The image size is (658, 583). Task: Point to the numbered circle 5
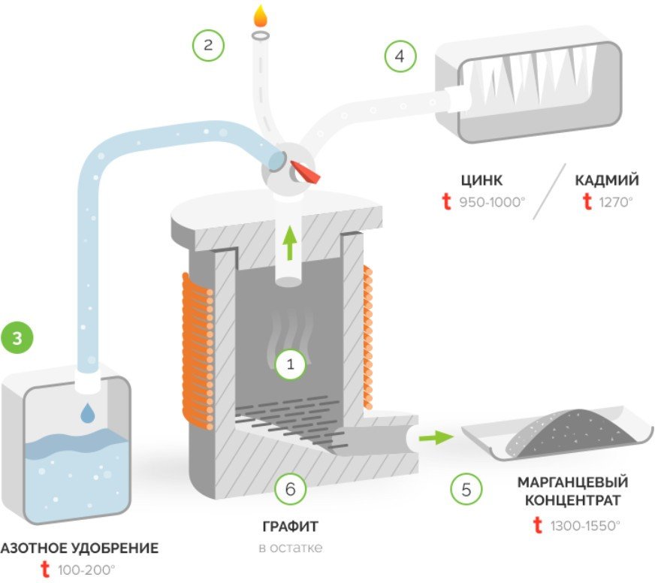pyautogui.click(x=466, y=490)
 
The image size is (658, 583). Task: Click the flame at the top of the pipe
pyautogui.click(x=260, y=17)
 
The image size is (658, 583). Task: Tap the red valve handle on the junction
pyautogui.click(x=307, y=171)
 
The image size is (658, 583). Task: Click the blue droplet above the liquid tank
pyautogui.click(x=89, y=412)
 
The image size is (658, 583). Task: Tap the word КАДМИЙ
pyautogui.click(x=607, y=180)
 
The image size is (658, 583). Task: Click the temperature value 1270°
pyautogui.click(x=616, y=201)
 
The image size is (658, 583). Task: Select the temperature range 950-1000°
pyautogui.click(x=491, y=201)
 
